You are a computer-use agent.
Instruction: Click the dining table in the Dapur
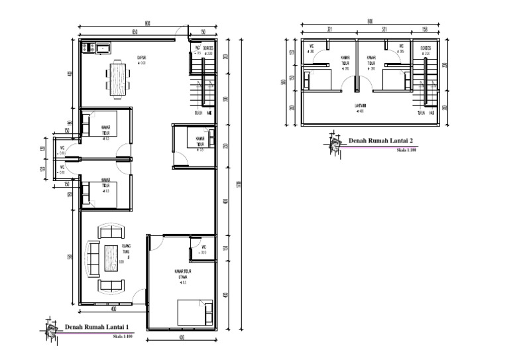[x=117, y=78]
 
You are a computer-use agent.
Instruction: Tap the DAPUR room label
[x=141, y=58]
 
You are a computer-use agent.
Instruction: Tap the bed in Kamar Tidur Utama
[x=195, y=312]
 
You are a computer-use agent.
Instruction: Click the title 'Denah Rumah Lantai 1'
[x=97, y=326]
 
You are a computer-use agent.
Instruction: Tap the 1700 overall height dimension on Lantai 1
[x=238, y=184]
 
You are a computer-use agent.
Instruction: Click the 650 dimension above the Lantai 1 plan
[x=135, y=31]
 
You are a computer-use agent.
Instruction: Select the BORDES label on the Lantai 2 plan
[x=425, y=48]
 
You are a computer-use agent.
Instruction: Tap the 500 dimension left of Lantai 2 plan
[x=283, y=82]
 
